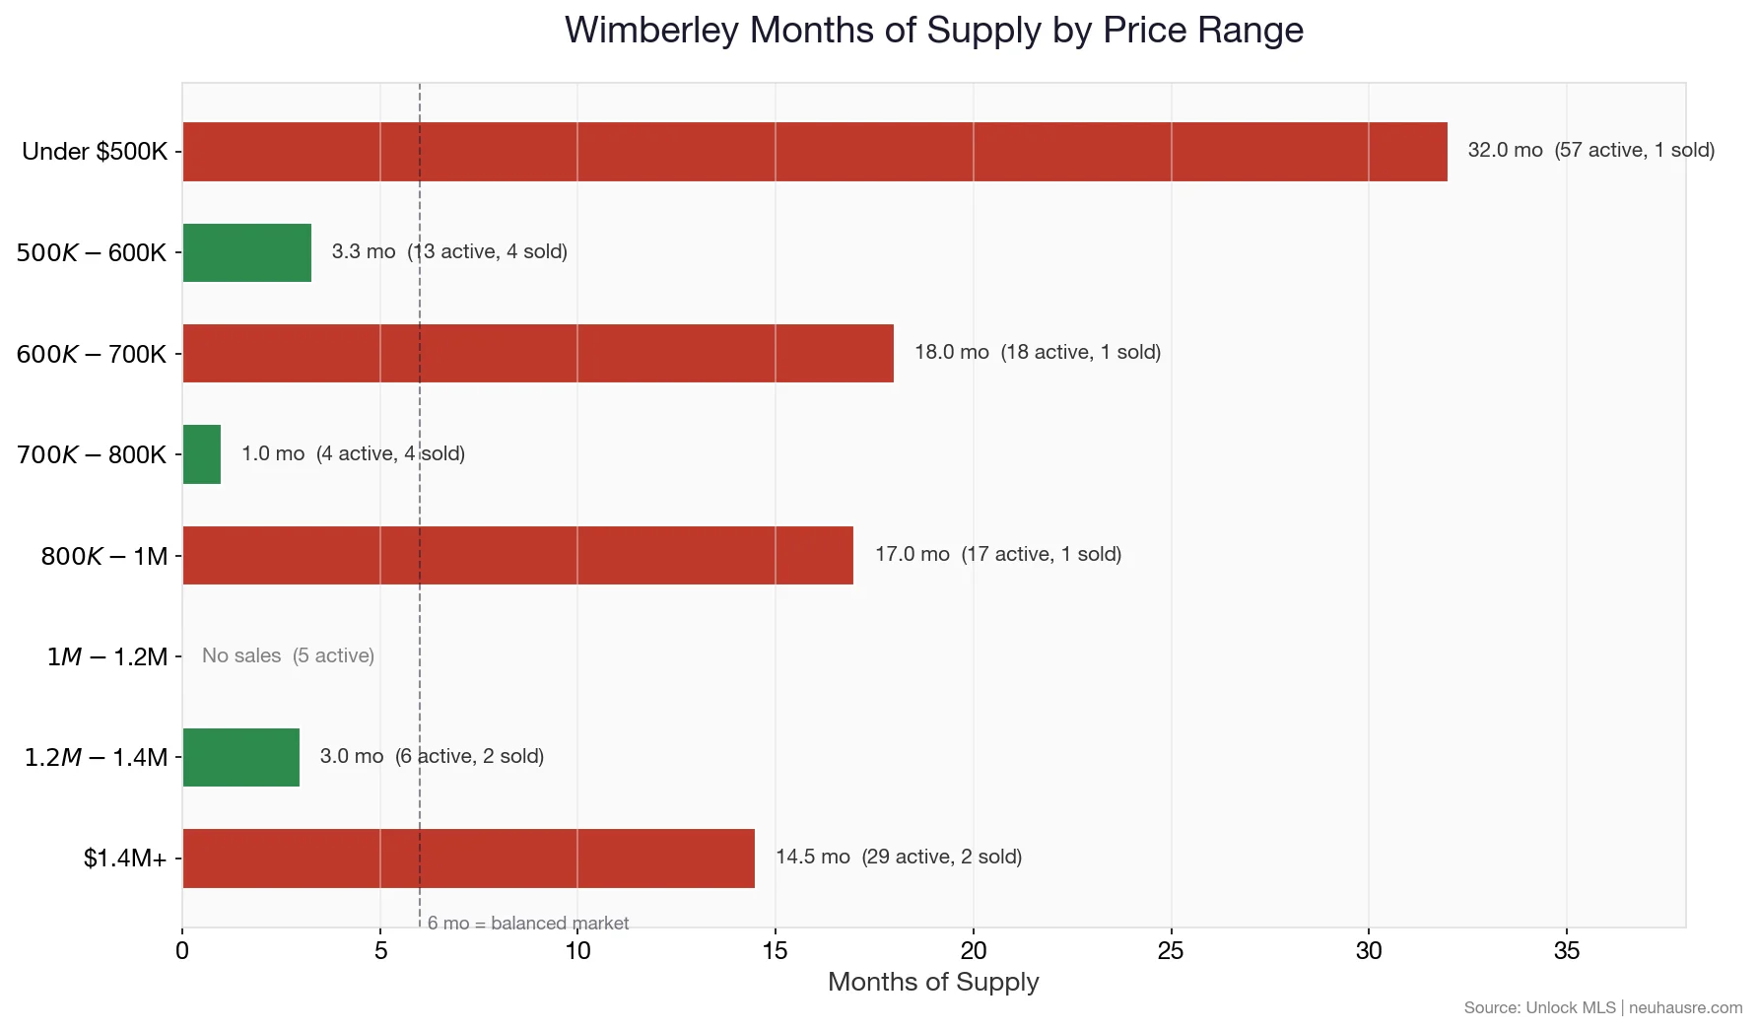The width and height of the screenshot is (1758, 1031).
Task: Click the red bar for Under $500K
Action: click(815, 152)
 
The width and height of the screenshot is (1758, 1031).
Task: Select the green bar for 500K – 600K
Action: click(247, 253)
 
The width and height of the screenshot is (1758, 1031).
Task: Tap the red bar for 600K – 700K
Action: click(538, 354)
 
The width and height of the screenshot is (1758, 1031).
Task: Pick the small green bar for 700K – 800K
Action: click(202, 454)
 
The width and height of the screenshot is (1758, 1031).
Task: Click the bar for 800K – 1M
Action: click(518, 556)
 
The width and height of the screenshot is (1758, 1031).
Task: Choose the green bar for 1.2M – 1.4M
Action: click(241, 757)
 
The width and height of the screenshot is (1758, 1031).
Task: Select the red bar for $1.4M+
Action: click(469, 859)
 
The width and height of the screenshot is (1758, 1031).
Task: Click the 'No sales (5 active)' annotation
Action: click(288, 655)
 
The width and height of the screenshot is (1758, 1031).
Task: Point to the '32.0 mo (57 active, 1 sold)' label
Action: click(1590, 150)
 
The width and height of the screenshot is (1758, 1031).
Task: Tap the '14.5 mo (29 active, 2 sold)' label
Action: click(898, 857)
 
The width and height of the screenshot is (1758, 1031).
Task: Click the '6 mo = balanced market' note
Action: click(528, 923)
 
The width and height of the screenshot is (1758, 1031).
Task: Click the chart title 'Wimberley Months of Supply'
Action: click(933, 30)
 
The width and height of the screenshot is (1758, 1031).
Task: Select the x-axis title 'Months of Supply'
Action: click(933, 982)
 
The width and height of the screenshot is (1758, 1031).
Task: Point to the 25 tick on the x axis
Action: click(1171, 951)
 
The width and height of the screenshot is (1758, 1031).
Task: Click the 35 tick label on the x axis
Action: click(1566, 951)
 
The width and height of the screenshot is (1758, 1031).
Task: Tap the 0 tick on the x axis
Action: click(182, 951)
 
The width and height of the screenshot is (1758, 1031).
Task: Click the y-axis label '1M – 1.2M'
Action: click(107, 656)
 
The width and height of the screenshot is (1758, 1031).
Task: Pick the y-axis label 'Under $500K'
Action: click(95, 152)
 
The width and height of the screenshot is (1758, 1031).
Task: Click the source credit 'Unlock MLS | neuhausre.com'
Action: click(1602, 1007)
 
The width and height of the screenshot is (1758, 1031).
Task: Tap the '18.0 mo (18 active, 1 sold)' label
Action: click(1037, 352)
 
